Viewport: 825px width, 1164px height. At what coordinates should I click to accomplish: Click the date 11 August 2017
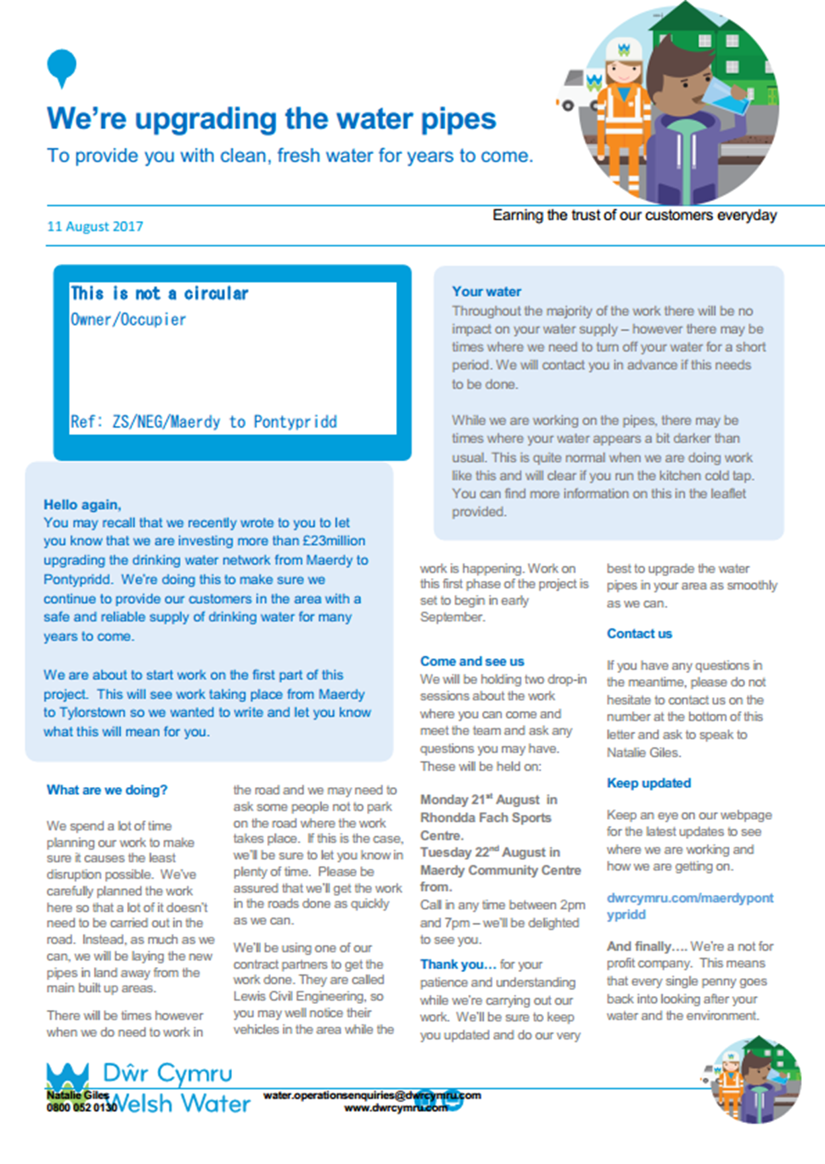click(x=95, y=226)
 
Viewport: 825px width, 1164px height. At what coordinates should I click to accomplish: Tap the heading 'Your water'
click(x=487, y=292)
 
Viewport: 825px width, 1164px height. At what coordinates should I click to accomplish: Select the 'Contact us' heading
click(x=639, y=634)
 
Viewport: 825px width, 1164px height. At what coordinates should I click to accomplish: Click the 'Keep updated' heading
click(x=648, y=783)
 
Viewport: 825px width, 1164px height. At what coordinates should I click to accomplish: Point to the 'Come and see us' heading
click(x=472, y=661)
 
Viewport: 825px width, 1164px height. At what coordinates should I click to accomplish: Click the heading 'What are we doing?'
click(x=107, y=790)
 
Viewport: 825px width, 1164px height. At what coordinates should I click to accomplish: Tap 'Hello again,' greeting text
click(x=83, y=505)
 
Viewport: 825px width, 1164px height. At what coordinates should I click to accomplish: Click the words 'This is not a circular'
click(x=159, y=294)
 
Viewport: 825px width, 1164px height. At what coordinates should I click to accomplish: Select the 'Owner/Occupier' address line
click(x=128, y=319)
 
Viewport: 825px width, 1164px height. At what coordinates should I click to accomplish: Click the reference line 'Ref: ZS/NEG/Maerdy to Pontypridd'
click(x=204, y=422)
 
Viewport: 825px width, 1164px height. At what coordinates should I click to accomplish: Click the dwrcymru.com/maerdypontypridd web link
click(x=689, y=906)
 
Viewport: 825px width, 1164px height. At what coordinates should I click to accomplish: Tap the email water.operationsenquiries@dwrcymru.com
click(x=372, y=1095)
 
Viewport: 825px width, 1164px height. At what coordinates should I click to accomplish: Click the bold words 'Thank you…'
click(x=458, y=964)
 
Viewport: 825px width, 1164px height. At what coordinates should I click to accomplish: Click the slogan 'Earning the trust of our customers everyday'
click(x=635, y=216)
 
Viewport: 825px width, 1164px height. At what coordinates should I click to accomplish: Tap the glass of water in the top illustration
click(x=726, y=99)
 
